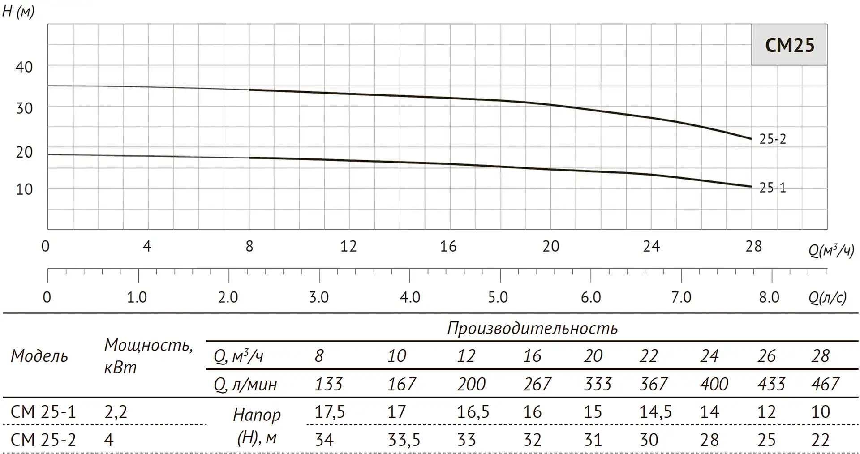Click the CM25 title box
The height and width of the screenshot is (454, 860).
789,45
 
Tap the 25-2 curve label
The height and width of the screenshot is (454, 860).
772,139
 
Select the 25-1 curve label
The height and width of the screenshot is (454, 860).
772,188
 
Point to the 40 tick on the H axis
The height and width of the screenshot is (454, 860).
24,67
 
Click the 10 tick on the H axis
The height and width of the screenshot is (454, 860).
24,189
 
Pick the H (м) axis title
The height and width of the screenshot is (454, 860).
18,11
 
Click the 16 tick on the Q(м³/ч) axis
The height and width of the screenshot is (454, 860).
448,246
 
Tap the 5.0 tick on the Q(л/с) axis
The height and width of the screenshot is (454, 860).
498,297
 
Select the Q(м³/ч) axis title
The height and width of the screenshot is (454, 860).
831,250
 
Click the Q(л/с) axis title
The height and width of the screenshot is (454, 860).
828,298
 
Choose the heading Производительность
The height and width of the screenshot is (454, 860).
532,329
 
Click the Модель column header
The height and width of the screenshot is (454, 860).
39,356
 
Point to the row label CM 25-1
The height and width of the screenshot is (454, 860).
43,411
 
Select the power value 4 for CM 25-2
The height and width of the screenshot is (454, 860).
109,440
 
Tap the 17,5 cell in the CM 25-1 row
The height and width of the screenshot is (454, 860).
330,411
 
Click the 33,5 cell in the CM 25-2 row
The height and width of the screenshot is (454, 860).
404,440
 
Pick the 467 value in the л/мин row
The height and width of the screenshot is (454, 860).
825,384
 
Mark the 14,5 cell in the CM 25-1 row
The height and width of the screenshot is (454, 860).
655,411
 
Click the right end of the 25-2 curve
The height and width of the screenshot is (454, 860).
751,138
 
